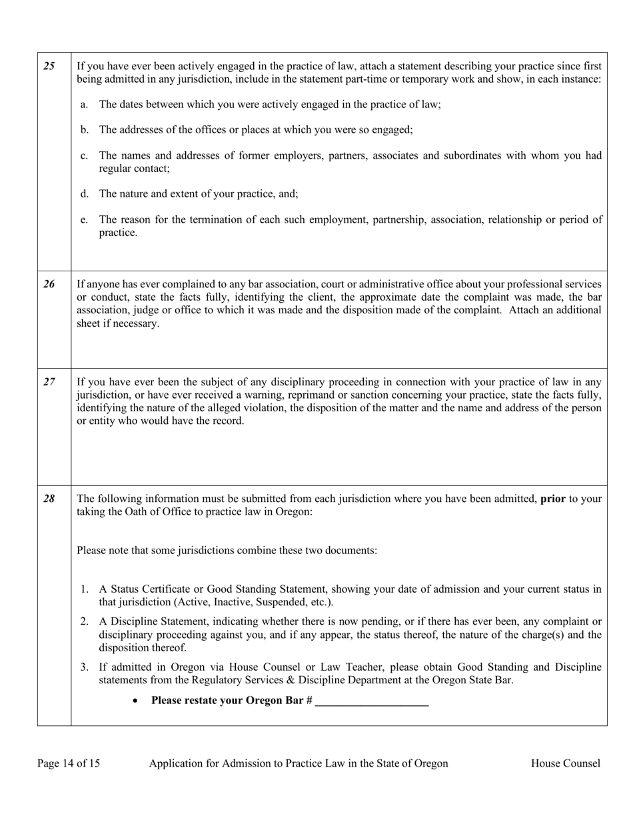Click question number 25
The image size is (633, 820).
[49, 66]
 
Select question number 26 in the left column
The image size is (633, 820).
[49, 284]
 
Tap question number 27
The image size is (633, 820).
[49, 382]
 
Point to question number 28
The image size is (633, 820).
[49, 499]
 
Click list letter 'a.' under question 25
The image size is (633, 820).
[84, 105]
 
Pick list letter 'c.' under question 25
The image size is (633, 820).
[84, 156]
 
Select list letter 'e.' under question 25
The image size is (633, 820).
[84, 220]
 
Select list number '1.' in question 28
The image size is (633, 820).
[85, 589]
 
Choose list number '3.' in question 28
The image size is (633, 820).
[85, 667]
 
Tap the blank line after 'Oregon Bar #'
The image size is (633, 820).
[372, 701]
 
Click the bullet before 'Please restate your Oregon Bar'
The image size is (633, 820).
[136, 701]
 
